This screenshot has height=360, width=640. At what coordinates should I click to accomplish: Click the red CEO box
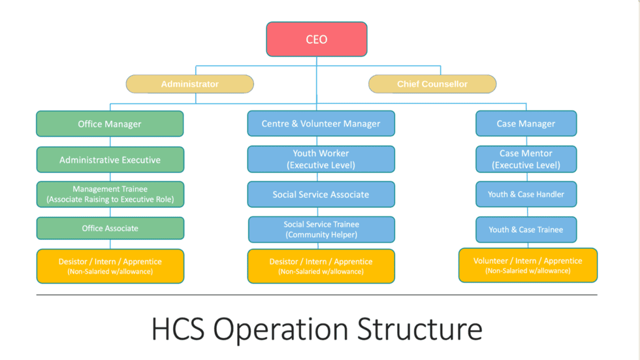pyautogui.click(x=317, y=39)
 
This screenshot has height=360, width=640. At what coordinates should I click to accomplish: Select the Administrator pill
pyautogui.click(x=190, y=84)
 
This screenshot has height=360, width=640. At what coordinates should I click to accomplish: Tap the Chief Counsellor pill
pyautogui.click(x=432, y=84)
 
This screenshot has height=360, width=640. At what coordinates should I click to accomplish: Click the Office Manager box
pyautogui.click(x=110, y=123)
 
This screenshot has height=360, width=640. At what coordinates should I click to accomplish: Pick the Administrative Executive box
pyautogui.click(x=110, y=159)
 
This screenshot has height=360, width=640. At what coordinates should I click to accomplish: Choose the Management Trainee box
pyautogui.click(x=110, y=194)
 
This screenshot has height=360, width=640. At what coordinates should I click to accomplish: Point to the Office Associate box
pyautogui.click(x=110, y=228)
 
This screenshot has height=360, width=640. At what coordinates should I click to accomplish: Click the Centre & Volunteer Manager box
pyautogui.click(x=321, y=123)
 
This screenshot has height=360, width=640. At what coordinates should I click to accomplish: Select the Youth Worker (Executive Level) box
pyautogui.click(x=321, y=159)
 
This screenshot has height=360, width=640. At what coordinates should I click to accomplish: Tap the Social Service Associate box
pyautogui.click(x=321, y=194)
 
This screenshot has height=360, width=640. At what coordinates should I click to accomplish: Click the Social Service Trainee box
pyautogui.click(x=321, y=229)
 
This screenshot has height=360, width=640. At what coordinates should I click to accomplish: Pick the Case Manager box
pyautogui.click(x=526, y=123)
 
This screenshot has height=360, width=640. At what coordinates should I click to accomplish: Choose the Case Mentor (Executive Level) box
pyautogui.click(x=526, y=159)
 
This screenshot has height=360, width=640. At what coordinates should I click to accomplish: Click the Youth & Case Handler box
pyautogui.click(x=526, y=194)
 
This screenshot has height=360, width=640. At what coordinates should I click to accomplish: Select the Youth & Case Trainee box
pyautogui.click(x=526, y=229)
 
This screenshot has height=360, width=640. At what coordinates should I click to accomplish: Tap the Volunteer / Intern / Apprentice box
pyautogui.click(x=528, y=265)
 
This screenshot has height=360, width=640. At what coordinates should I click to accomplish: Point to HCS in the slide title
pyautogui.click(x=178, y=329)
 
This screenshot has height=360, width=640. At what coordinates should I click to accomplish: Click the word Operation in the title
pyautogui.click(x=281, y=331)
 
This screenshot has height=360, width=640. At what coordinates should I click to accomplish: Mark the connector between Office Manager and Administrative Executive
pyautogui.click(x=110, y=142)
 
